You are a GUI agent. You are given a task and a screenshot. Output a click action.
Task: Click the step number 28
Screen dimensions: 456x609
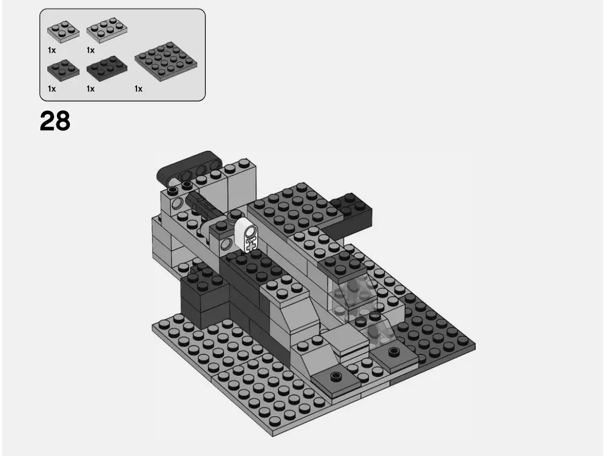[55, 122]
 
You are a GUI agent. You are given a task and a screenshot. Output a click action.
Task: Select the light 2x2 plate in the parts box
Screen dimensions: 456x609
[63, 31]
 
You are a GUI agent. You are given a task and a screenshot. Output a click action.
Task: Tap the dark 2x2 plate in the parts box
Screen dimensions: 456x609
[63, 69]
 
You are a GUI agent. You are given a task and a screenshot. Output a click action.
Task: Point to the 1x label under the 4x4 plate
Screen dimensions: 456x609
[139, 89]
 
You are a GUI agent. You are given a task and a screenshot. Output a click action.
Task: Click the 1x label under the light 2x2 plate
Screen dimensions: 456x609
[52, 50]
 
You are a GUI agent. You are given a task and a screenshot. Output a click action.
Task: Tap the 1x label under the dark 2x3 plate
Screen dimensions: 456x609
[90, 89]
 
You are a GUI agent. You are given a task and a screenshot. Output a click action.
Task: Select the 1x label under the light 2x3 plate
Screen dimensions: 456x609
[90, 50]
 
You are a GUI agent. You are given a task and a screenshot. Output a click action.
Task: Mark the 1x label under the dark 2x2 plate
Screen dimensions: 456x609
[52, 89]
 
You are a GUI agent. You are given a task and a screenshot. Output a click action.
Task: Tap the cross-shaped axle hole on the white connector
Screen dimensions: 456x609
[250, 243]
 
